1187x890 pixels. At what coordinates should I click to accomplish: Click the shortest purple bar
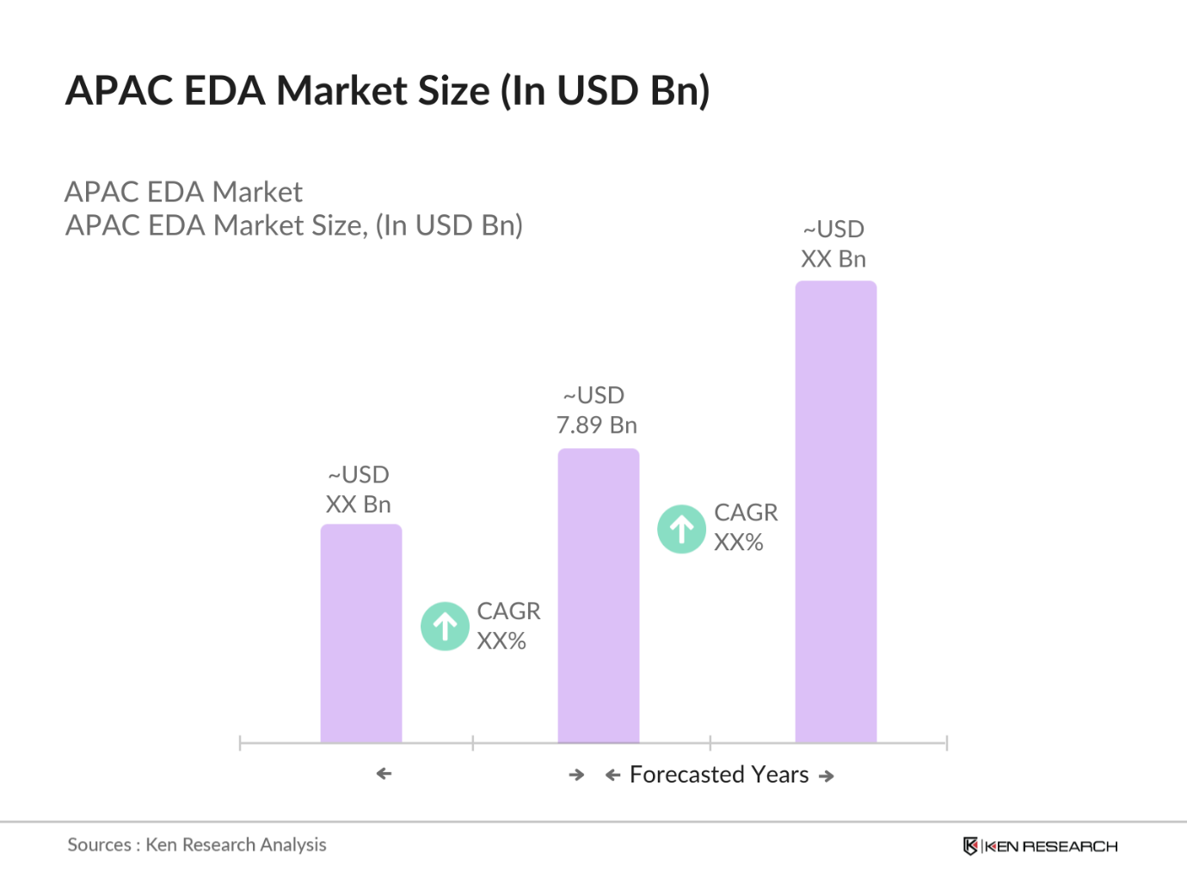pyautogui.click(x=361, y=634)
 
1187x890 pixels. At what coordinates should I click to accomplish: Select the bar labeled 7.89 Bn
pyautogui.click(x=599, y=596)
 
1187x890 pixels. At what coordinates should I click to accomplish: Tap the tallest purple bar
pyautogui.click(x=835, y=512)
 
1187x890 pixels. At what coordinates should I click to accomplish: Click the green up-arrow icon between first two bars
pyautogui.click(x=445, y=626)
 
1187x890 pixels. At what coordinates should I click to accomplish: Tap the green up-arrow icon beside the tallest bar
pyautogui.click(x=681, y=529)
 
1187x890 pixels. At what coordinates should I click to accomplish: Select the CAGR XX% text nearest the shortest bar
pyautogui.click(x=507, y=626)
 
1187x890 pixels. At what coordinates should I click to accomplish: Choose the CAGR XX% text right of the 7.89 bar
pyautogui.click(x=745, y=527)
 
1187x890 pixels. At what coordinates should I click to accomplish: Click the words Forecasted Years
pyautogui.click(x=719, y=775)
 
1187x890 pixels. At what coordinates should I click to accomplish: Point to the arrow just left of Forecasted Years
pyautogui.click(x=612, y=776)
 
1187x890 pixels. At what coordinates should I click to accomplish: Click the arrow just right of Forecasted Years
pyautogui.click(x=827, y=776)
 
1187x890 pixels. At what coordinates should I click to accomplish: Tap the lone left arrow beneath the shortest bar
pyautogui.click(x=384, y=774)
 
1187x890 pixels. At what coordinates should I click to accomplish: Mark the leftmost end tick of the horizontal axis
pyautogui.click(x=240, y=743)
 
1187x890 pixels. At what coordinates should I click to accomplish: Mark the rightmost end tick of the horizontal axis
pyautogui.click(x=946, y=743)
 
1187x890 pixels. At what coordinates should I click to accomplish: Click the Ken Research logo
pyautogui.click(x=1040, y=846)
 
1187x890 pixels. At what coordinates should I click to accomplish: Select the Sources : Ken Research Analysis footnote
pyautogui.click(x=197, y=844)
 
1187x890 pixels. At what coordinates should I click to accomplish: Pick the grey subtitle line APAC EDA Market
pyautogui.click(x=183, y=192)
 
